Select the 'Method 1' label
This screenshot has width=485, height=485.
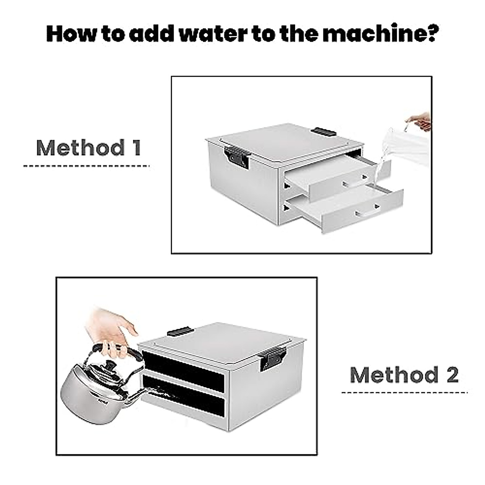[89, 148]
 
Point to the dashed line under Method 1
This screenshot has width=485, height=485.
[86, 166]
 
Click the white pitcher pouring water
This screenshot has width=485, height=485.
[405, 147]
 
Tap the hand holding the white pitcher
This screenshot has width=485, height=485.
[420, 121]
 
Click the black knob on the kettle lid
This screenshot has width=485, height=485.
[110, 364]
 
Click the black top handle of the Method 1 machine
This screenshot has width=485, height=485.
[323, 131]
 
